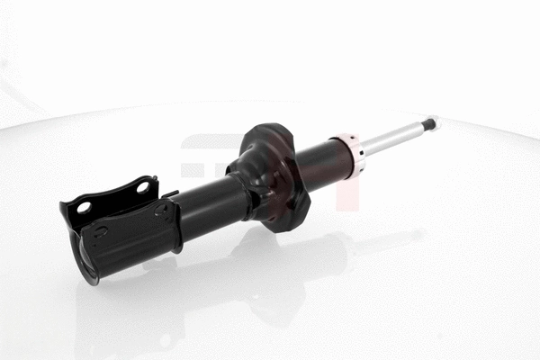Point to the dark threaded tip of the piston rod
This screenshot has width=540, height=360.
pyautogui.click(x=430, y=123)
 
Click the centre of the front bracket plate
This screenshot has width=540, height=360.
pyautogui.click(x=130, y=236)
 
